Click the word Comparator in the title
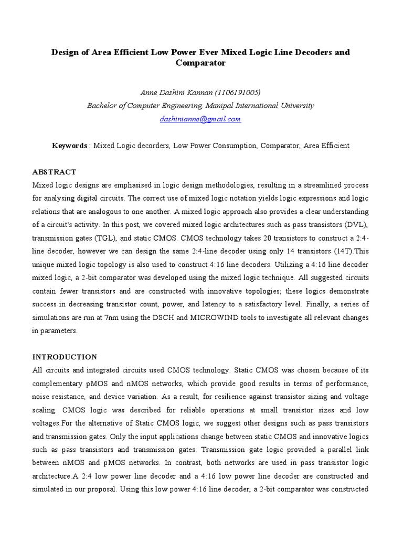[x=201, y=63]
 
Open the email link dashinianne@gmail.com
[x=200, y=119]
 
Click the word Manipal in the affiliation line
[x=219, y=106]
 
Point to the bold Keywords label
[x=69, y=146]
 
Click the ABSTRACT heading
[x=54, y=172]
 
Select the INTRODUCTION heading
[x=65, y=357]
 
